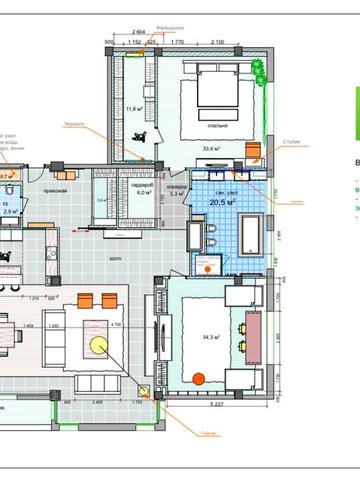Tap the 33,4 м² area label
(212, 148)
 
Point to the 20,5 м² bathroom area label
(222, 202)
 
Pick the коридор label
(177, 187)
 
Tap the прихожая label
(54, 189)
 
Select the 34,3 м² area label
(210, 337)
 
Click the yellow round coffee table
(99, 344)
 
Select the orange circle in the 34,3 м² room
(198, 378)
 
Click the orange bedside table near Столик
(252, 151)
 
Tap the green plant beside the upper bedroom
(260, 71)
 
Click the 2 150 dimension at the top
(217, 42)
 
